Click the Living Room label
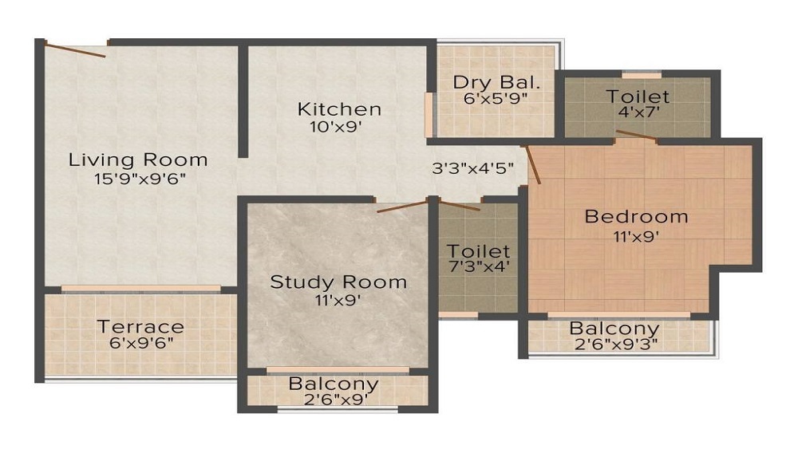tap(138, 159)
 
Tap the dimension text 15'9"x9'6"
tap(138, 179)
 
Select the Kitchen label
tap(339, 108)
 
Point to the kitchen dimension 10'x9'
tap(339, 127)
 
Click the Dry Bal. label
tap(497, 82)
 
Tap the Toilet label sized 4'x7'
tap(638, 97)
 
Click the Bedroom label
tap(636, 216)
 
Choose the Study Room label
tap(338, 282)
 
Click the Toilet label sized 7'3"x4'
tap(478, 250)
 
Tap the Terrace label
tap(140, 326)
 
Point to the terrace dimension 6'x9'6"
tap(140, 343)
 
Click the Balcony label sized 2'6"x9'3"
tap(614, 329)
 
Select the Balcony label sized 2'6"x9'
tap(333, 384)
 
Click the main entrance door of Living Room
tap(75, 49)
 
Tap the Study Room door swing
tap(403, 207)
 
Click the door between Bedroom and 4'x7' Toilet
tap(636, 138)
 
